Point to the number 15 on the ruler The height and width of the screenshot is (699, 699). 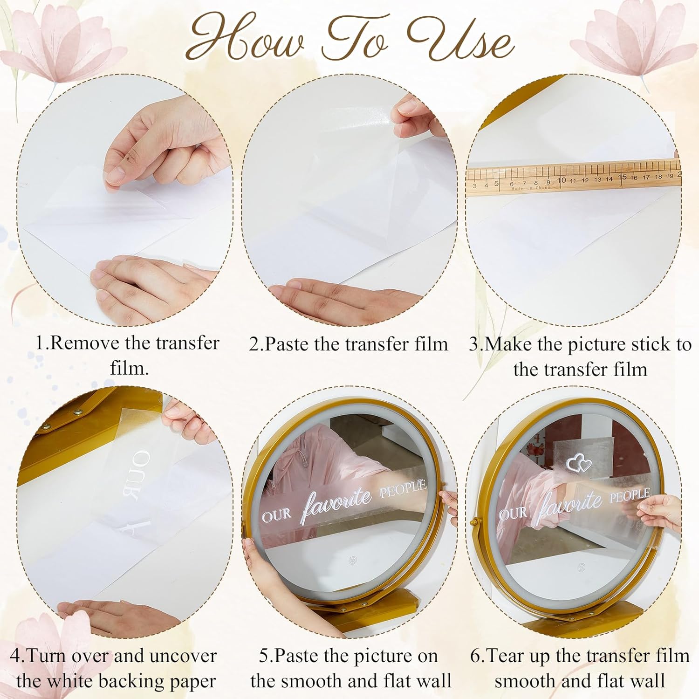coord(622,178)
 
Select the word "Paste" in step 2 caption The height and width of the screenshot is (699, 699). coord(287,344)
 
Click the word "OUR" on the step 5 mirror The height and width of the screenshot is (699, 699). coord(276,515)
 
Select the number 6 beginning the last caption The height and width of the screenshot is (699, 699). coord(475,657)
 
